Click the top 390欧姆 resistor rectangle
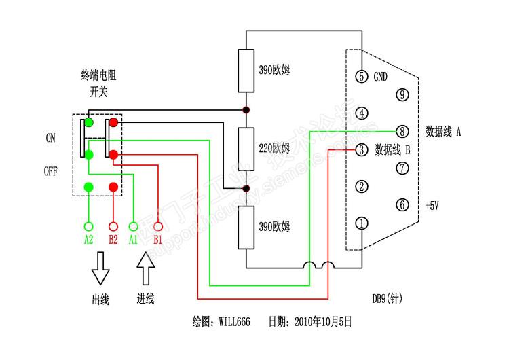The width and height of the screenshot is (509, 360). (246, 71)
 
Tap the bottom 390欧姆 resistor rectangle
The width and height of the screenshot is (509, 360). (246, 226)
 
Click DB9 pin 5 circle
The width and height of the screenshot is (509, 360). (362, 76)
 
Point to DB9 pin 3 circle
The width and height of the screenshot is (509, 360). (362, 149)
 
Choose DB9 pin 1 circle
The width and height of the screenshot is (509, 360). (362, 223)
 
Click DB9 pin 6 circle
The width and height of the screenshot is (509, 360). (402, 204)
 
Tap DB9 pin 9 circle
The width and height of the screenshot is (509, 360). (402, 94)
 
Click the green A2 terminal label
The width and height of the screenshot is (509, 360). (88, 240)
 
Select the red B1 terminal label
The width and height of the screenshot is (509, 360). (158, 240)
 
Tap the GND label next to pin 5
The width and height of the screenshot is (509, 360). (381, 77)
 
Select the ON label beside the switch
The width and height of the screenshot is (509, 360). (51, 138)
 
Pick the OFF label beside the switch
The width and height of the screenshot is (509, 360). (51, 172)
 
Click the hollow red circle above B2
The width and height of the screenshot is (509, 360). (113, 226)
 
